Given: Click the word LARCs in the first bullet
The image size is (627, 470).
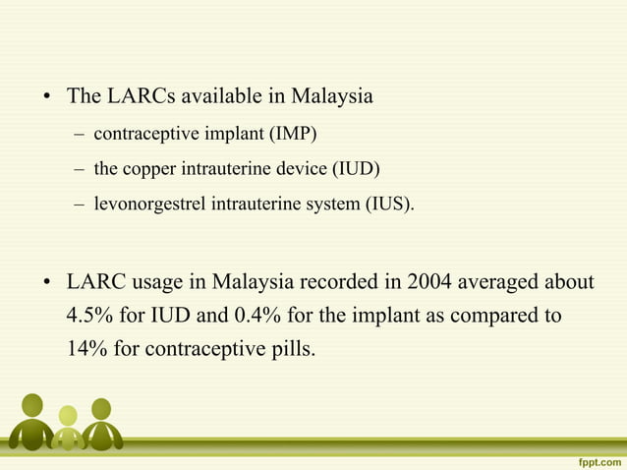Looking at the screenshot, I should [134, 97].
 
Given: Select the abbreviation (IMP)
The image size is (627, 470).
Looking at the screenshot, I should [299, 133].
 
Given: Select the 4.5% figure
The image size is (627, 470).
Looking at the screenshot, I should [88, 316].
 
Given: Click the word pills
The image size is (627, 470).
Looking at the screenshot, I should [292, 348].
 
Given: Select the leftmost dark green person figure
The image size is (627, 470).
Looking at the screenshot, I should [31, 420].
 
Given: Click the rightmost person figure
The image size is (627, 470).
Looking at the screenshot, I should [100, 423].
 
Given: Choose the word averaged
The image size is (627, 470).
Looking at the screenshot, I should [501, 283].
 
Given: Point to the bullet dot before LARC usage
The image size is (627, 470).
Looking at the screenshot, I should [46, 284].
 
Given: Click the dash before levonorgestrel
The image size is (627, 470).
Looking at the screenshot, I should [78, 206].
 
